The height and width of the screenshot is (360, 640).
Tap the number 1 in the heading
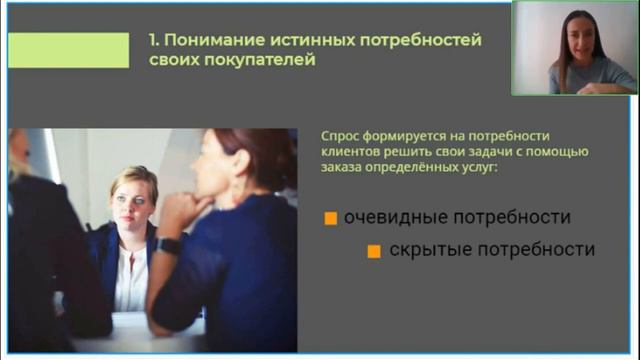(x=152, y=40)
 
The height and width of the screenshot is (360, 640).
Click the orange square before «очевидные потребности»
(x=331, y=218)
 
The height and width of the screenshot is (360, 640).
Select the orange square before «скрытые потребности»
(x=374, y=251)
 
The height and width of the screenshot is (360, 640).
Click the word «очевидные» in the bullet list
(x=393, y=217)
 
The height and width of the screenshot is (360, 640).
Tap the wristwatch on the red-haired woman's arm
(x=169, y=245)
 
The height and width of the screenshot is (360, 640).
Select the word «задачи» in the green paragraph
(x=489, y=152)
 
